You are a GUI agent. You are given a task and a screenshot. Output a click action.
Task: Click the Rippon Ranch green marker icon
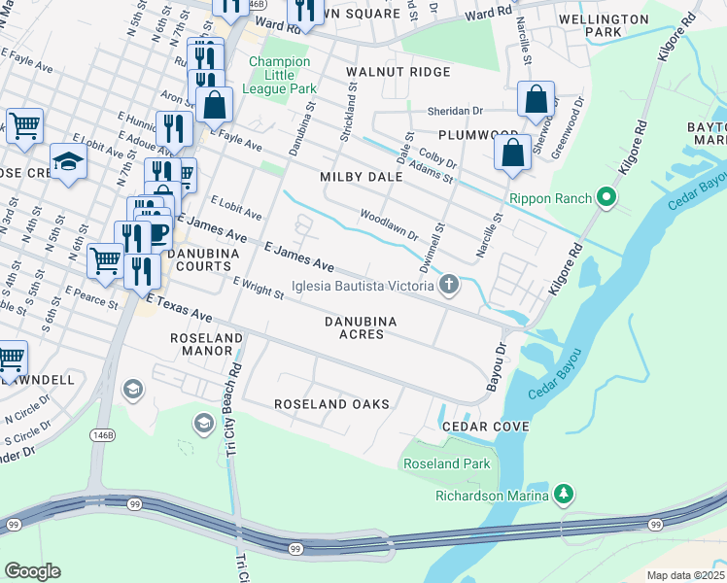608,198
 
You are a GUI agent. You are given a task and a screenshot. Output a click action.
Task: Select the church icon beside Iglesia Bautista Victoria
448,285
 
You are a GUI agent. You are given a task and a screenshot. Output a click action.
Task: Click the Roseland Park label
447,463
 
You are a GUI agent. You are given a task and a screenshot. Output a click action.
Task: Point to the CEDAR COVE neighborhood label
486,427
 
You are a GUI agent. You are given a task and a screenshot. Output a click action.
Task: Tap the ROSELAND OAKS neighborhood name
331,403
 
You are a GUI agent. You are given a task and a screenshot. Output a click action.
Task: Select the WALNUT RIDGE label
398,72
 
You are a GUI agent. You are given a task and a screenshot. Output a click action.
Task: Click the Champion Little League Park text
279,75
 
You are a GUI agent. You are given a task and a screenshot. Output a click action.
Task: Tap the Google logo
32,570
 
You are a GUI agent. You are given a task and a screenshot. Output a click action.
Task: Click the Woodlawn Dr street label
389,223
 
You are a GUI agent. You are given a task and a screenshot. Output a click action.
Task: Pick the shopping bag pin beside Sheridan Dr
536,99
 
